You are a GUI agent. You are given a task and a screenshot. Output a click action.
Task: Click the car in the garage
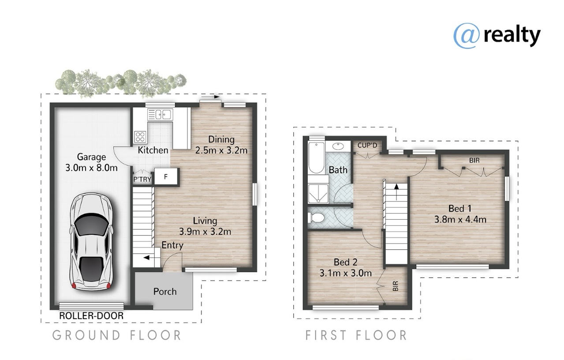(91, 242)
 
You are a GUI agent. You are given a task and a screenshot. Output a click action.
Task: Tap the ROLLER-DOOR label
(91, 315)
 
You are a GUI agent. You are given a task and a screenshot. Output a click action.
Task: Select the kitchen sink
(160, 115)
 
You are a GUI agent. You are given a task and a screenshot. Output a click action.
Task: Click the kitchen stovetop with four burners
(140, 137)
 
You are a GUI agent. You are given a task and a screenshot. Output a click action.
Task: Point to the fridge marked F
(166, 176)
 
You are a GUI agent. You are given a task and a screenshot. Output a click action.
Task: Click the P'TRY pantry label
(142, 180)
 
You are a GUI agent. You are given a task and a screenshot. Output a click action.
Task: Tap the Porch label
(165, 292)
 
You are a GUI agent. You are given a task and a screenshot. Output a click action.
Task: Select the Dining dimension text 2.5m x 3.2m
(221, 150)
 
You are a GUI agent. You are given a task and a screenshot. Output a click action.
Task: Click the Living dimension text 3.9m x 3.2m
(205, 232)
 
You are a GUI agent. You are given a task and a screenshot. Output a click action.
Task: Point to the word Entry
(172, 245)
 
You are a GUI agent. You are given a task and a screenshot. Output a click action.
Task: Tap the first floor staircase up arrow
(396, 192)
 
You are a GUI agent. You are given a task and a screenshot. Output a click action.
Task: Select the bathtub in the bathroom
(317, 157)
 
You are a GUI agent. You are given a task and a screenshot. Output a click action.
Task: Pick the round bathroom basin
(338, 146)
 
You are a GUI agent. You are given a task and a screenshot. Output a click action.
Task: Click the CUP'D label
(367, 145)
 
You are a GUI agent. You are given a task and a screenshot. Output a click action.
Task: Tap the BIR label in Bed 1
(474, 161)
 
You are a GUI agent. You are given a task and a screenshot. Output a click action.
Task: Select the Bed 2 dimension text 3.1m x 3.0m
(345, 273)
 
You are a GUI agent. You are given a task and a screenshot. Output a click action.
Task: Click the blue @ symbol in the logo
(466, 36)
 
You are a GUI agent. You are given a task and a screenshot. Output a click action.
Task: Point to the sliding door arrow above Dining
(210, 97)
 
